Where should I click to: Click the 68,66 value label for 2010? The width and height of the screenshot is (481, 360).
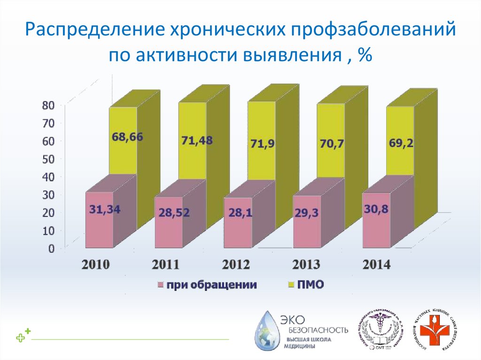coord(127,138)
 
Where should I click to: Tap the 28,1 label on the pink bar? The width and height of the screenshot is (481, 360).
coord(240,213)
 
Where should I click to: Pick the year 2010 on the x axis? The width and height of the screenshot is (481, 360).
coord(96,265)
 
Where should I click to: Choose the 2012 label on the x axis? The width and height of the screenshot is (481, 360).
coord(236,265)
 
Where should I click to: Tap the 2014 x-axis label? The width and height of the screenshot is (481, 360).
coord(376,265)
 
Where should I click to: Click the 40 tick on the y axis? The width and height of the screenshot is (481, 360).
coord(48,177)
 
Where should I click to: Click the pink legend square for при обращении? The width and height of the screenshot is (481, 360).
coord(160,285)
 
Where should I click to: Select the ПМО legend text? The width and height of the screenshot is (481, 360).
coord(311,285)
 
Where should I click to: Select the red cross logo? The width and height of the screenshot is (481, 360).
coord(433,333)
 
